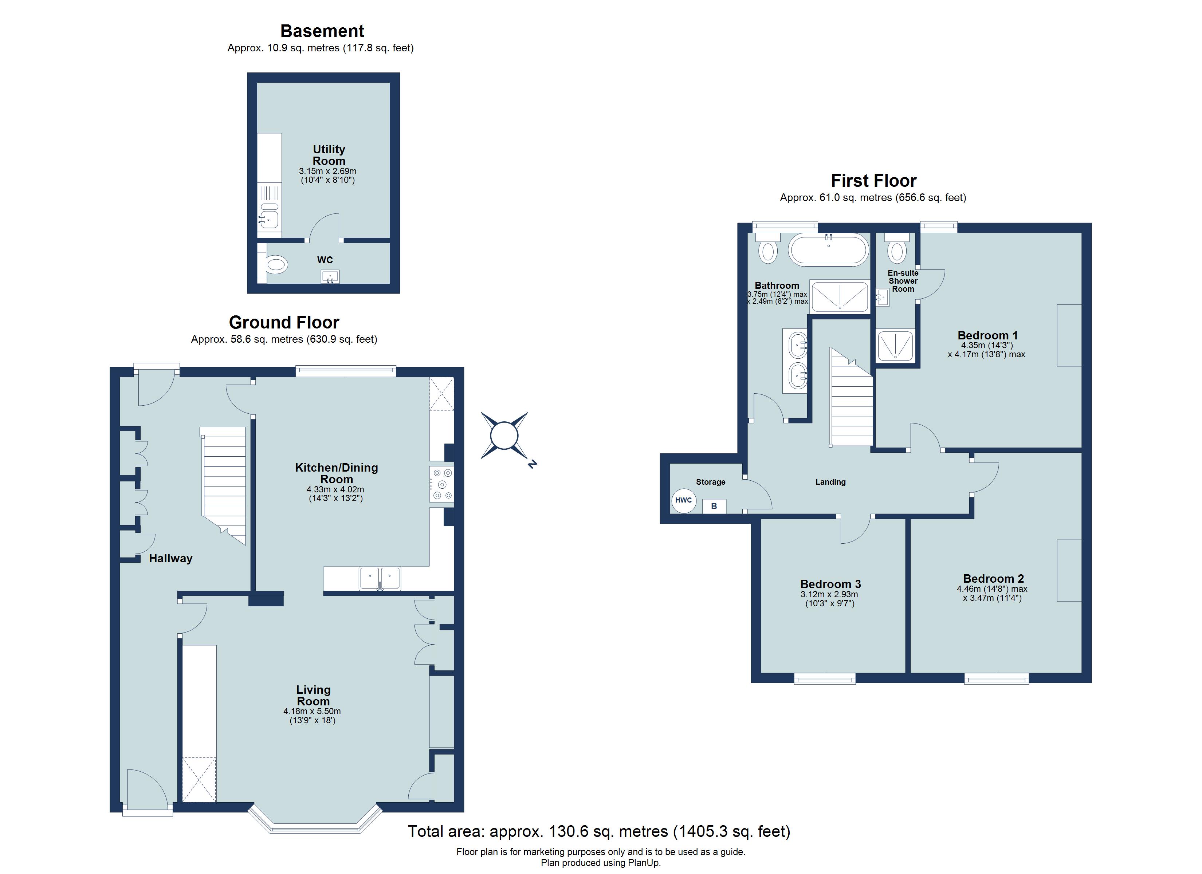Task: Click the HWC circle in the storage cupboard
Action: pyautogui.click(x=683, y=500)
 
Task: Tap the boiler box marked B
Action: pyautogui.click(x=714, y=506)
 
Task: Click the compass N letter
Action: pyautogui.click(x=532, y=464)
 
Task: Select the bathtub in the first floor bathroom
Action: pyautogui.click(x=828, y=250)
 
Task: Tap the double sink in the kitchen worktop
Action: pyautogui.click(x=380, y=578)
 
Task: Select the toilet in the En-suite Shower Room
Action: pyautogui.click(x=897, y=251)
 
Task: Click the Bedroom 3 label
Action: pyautogui.click(x=830, y=584)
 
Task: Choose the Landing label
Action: pyautogui.click(x=830, y=482)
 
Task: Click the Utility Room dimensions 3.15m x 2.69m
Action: pyautogui.click(x=327, y=171)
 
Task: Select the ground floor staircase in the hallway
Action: pyautogui.click(x=224, y=482)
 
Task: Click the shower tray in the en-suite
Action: pyautogui.click(x=895, y=346)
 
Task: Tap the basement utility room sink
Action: pyautogui.click(x=269, y=218)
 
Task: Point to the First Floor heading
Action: pyautogui.click(x=873, y=181)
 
